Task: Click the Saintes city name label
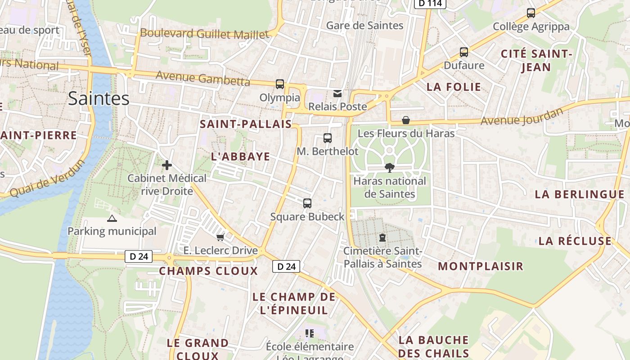click(99, 98)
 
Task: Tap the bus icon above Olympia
click(280, 84)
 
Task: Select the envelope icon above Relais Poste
click(337, 94)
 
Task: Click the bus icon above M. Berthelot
click(328, 138)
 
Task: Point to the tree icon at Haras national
click(389, 168)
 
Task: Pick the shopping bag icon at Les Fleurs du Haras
click(406, 120)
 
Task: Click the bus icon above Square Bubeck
click(307, 203)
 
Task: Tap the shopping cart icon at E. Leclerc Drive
click(220, 237)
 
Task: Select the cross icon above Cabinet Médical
click(167, 165)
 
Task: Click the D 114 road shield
click(430, 4)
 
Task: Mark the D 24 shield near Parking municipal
click(139, 256)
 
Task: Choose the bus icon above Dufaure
click(464, 52)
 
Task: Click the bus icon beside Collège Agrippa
click(531, 13)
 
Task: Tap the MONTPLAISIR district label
click(481, 266)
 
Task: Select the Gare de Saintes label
click(364, 25)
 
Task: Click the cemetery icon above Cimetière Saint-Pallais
click(382, 237)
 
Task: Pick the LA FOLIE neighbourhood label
click(454, 87)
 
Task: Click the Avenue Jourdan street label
click(522, 117)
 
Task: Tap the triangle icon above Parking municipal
click(112, 219)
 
